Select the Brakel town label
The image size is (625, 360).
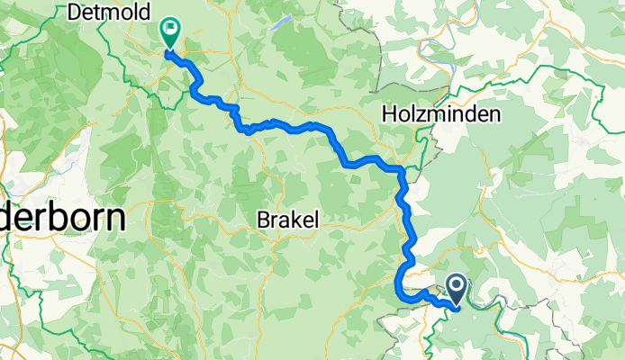click(288, 218)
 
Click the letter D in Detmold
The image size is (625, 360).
click(74, 12)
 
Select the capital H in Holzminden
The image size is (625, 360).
click(389, 114)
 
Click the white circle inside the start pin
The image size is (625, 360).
click(456, 287)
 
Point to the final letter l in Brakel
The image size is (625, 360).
click(316, 218)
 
